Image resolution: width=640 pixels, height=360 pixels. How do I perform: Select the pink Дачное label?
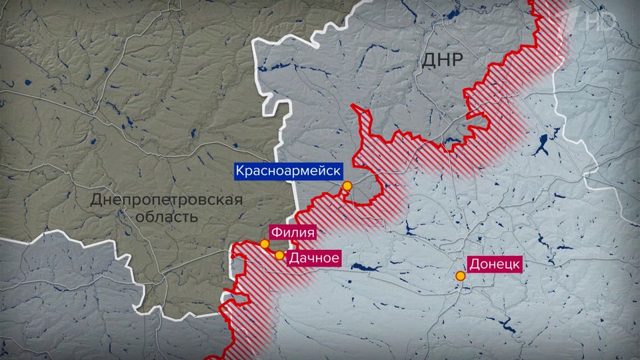pyautogui.click(x=313, y=257)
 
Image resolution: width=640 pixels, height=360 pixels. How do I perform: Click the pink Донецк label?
pyautogui.click(x=493, y=264)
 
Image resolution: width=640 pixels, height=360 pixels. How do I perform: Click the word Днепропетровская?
pyautogui.click(x=167, y=199)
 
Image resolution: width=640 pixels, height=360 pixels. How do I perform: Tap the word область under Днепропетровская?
pyautogui.click(x=167, y=217)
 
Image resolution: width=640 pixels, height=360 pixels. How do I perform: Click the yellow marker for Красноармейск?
pyautogui.click(x=347, y=186)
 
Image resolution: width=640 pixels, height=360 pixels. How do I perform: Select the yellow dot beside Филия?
pyautogui.click(x=265, y=244)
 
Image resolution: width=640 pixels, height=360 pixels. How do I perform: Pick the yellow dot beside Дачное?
pyautogui.click(x=279, y=255)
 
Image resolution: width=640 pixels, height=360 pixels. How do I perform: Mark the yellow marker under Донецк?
pyautogui.click(x=460, y=276)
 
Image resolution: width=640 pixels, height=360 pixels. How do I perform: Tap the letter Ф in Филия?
pyautogui.click(x=274, y=233)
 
